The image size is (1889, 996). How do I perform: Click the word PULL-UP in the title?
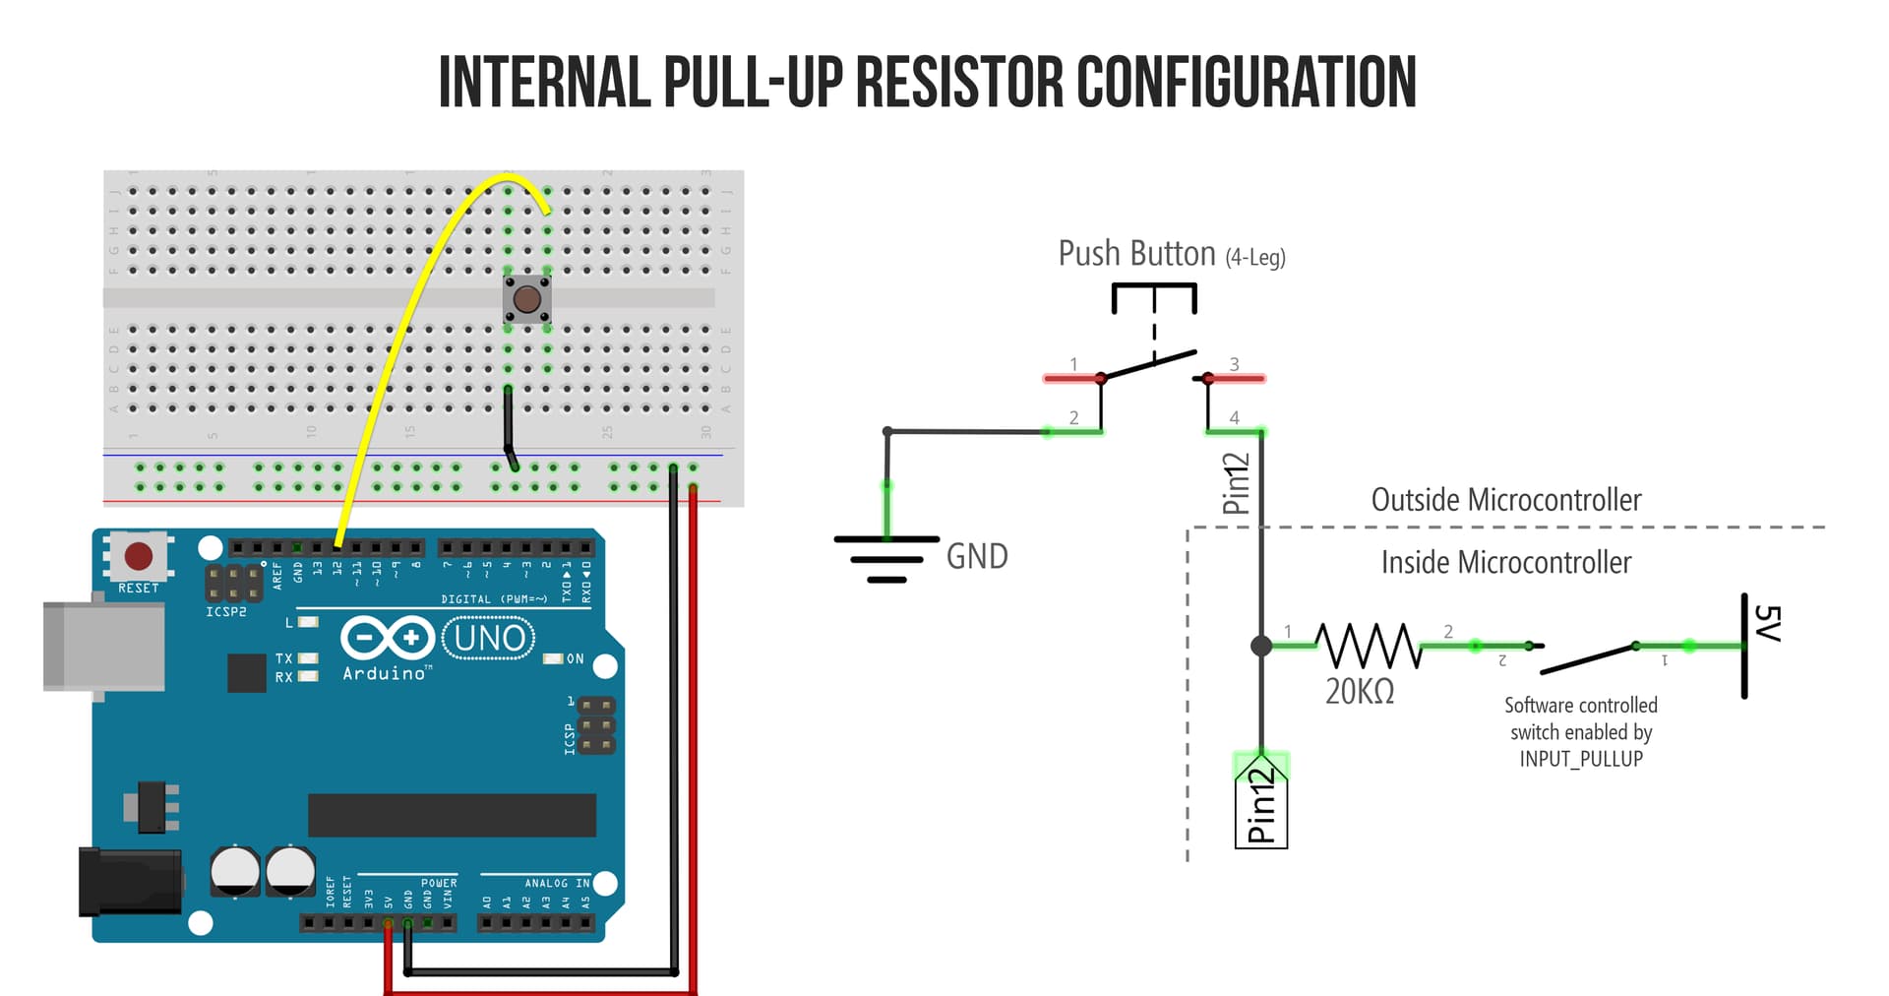pos(753,82)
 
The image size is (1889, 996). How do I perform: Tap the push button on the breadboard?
pos(527,299)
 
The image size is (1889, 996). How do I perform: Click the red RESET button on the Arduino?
pos(139,556)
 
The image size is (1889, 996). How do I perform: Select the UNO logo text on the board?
pos(489,639)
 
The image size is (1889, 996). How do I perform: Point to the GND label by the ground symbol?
pos(976,557)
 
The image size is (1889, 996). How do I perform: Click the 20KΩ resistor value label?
pos(1359,692)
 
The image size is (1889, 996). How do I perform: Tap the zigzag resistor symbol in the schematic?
pos(1369,646)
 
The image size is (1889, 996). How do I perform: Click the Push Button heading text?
pos(1136,254)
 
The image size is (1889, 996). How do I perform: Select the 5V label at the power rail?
pos(1767,624)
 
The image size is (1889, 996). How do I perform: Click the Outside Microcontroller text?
pos(1505,500)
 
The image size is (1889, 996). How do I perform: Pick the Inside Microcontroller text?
pos(1505,563)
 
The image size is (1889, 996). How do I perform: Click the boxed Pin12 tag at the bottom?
pos(1260,802)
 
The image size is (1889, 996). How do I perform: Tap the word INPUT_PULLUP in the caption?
pos(1580,759)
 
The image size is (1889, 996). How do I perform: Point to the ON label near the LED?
pos(576,658)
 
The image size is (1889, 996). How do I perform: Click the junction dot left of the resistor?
pos(1261,646)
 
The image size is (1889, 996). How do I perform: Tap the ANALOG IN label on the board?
pos(556,883)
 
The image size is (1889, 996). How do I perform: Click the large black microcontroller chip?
pos(452,815)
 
